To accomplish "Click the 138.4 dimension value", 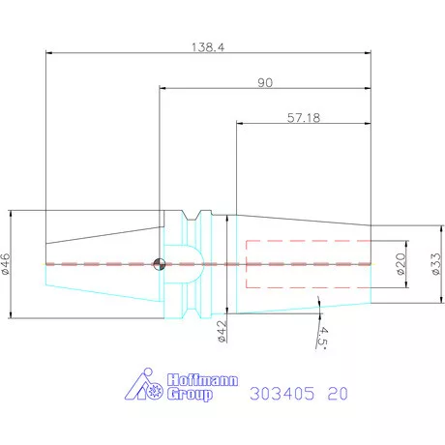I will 208,45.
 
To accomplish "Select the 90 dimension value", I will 264,82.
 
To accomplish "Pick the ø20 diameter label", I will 400,264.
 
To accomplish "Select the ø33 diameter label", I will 434,264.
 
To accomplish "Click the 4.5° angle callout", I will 321,335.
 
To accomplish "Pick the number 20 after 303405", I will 338,395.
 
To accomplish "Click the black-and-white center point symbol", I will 161,263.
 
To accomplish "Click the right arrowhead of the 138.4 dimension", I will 368,54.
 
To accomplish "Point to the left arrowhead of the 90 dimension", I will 163,90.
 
